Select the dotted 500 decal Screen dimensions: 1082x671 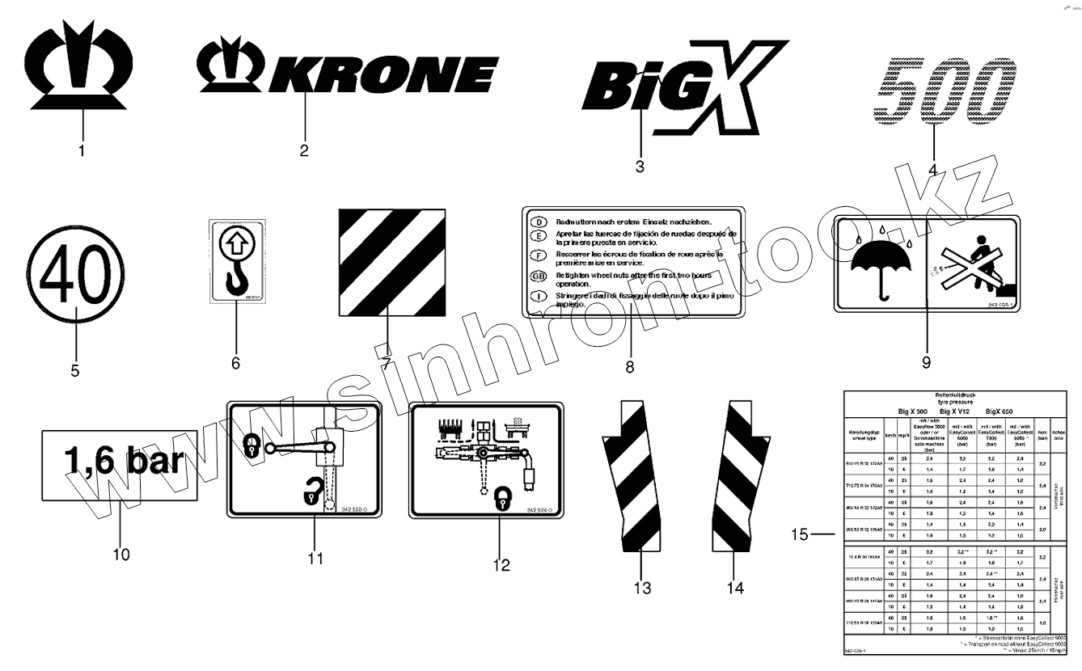pos(947,93)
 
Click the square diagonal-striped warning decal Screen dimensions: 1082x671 pos(392,263)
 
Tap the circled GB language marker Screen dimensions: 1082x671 pos(538,276)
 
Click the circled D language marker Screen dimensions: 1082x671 pos(537,222)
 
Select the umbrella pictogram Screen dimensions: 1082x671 pos(881,264)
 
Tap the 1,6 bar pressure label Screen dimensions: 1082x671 pos(119,465)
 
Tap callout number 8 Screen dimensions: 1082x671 pos(629,366)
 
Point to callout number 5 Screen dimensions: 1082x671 pos(74,372)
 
